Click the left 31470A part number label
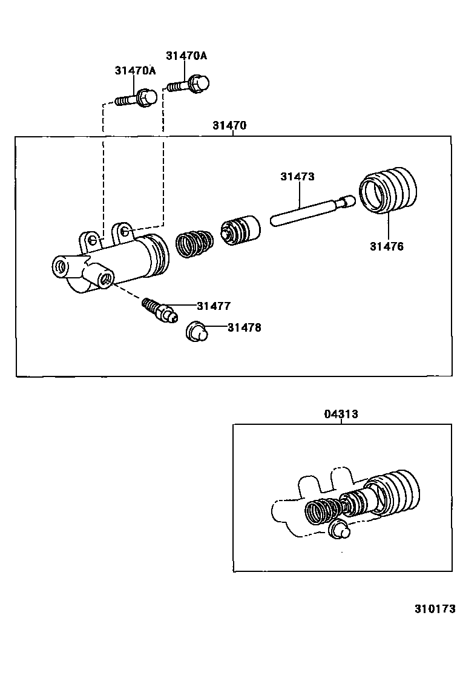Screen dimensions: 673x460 (x=135, y=71)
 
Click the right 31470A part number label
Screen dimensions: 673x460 (x=186, y=56)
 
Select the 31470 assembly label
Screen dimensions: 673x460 (x=229, y=126)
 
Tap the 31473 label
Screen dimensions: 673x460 (x=297, y=177)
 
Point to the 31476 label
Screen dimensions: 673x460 (x=387, y=246)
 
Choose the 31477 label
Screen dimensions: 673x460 (x=213, y=306)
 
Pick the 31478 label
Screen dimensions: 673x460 (x=245, y=327)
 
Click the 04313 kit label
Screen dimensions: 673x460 (x=340, y=414)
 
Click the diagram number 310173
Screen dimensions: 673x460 (x=435, y=609)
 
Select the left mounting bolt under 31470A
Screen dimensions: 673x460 (x=137, y=98)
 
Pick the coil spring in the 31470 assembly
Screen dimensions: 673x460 (x=194, y=243)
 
